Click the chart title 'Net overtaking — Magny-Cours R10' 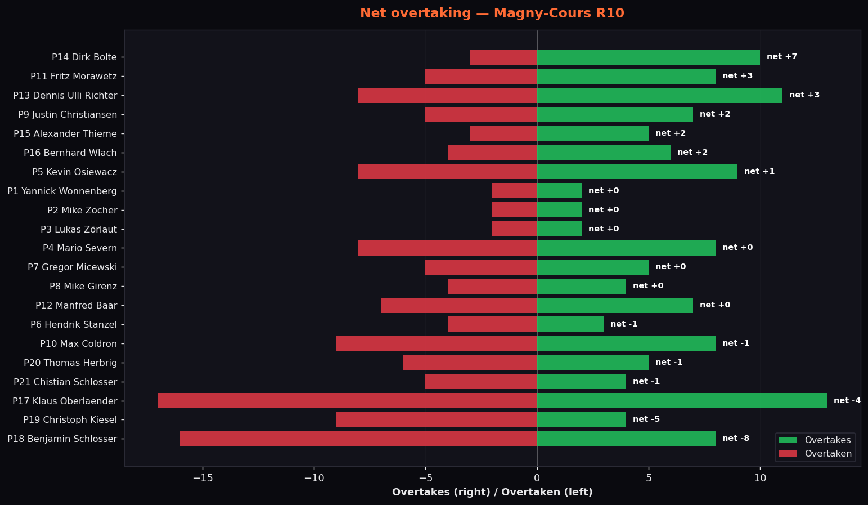click(492, 13)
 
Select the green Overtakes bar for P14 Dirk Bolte click(649, 57)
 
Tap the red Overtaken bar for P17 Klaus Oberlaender click(347, 401)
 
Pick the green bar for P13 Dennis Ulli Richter click(660, 95)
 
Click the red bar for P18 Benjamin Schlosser click(358, 439)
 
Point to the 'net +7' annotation click(782, 57)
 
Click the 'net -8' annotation click(736, 439)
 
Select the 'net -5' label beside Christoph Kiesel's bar click(646, 419)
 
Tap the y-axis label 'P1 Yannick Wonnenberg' click(62, 191)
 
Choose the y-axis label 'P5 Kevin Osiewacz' click(74, 172)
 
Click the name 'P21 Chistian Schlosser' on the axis click(65, 382)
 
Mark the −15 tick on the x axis click(203, 478)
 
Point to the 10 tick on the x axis click(761, 478)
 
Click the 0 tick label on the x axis click(537, 478)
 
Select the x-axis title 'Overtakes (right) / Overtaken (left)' click(492, 492)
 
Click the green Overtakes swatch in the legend click(788, 440)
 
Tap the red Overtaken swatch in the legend click(788, 453)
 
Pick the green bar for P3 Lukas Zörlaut click(560, 229)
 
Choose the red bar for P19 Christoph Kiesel click(437, 419)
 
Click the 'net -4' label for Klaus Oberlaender click(847, 400)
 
